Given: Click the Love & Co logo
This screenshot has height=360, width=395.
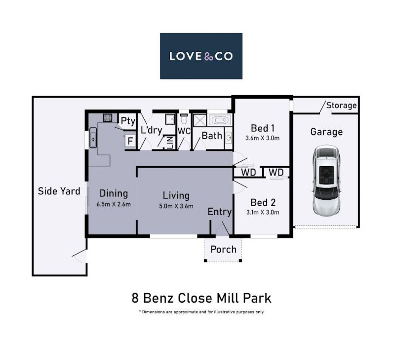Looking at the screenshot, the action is point(201,56).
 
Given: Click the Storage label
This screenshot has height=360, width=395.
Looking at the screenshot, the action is point(341,105).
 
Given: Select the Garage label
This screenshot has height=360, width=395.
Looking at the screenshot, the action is point(326,132).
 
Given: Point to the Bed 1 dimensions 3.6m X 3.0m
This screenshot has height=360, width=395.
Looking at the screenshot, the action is point(262,138).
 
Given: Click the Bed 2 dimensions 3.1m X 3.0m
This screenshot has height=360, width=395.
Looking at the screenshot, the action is point(263,212).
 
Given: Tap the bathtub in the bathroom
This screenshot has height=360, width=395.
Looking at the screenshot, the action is point(219,120).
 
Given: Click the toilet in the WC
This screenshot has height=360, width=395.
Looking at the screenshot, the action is point(184,119).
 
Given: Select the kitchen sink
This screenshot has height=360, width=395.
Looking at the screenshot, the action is point(93,138).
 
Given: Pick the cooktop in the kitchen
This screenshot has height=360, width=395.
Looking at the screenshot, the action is point(108,117).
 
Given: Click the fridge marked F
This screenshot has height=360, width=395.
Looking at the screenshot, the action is point(130,141).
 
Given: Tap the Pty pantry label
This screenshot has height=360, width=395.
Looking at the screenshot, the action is point(128,121).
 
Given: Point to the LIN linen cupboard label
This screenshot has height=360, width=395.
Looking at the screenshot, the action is point(170,143).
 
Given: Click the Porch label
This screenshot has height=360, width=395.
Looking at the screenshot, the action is point(224,250).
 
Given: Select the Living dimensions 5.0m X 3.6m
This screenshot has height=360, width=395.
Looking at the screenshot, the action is point(176,206).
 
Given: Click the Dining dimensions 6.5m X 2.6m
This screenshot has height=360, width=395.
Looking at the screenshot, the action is point(114,204).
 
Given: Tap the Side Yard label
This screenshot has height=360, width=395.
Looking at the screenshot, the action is point(59,191).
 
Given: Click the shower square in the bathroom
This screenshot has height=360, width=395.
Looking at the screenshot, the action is point(200,120).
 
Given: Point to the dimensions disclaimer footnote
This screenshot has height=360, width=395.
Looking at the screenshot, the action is point(201,312).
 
